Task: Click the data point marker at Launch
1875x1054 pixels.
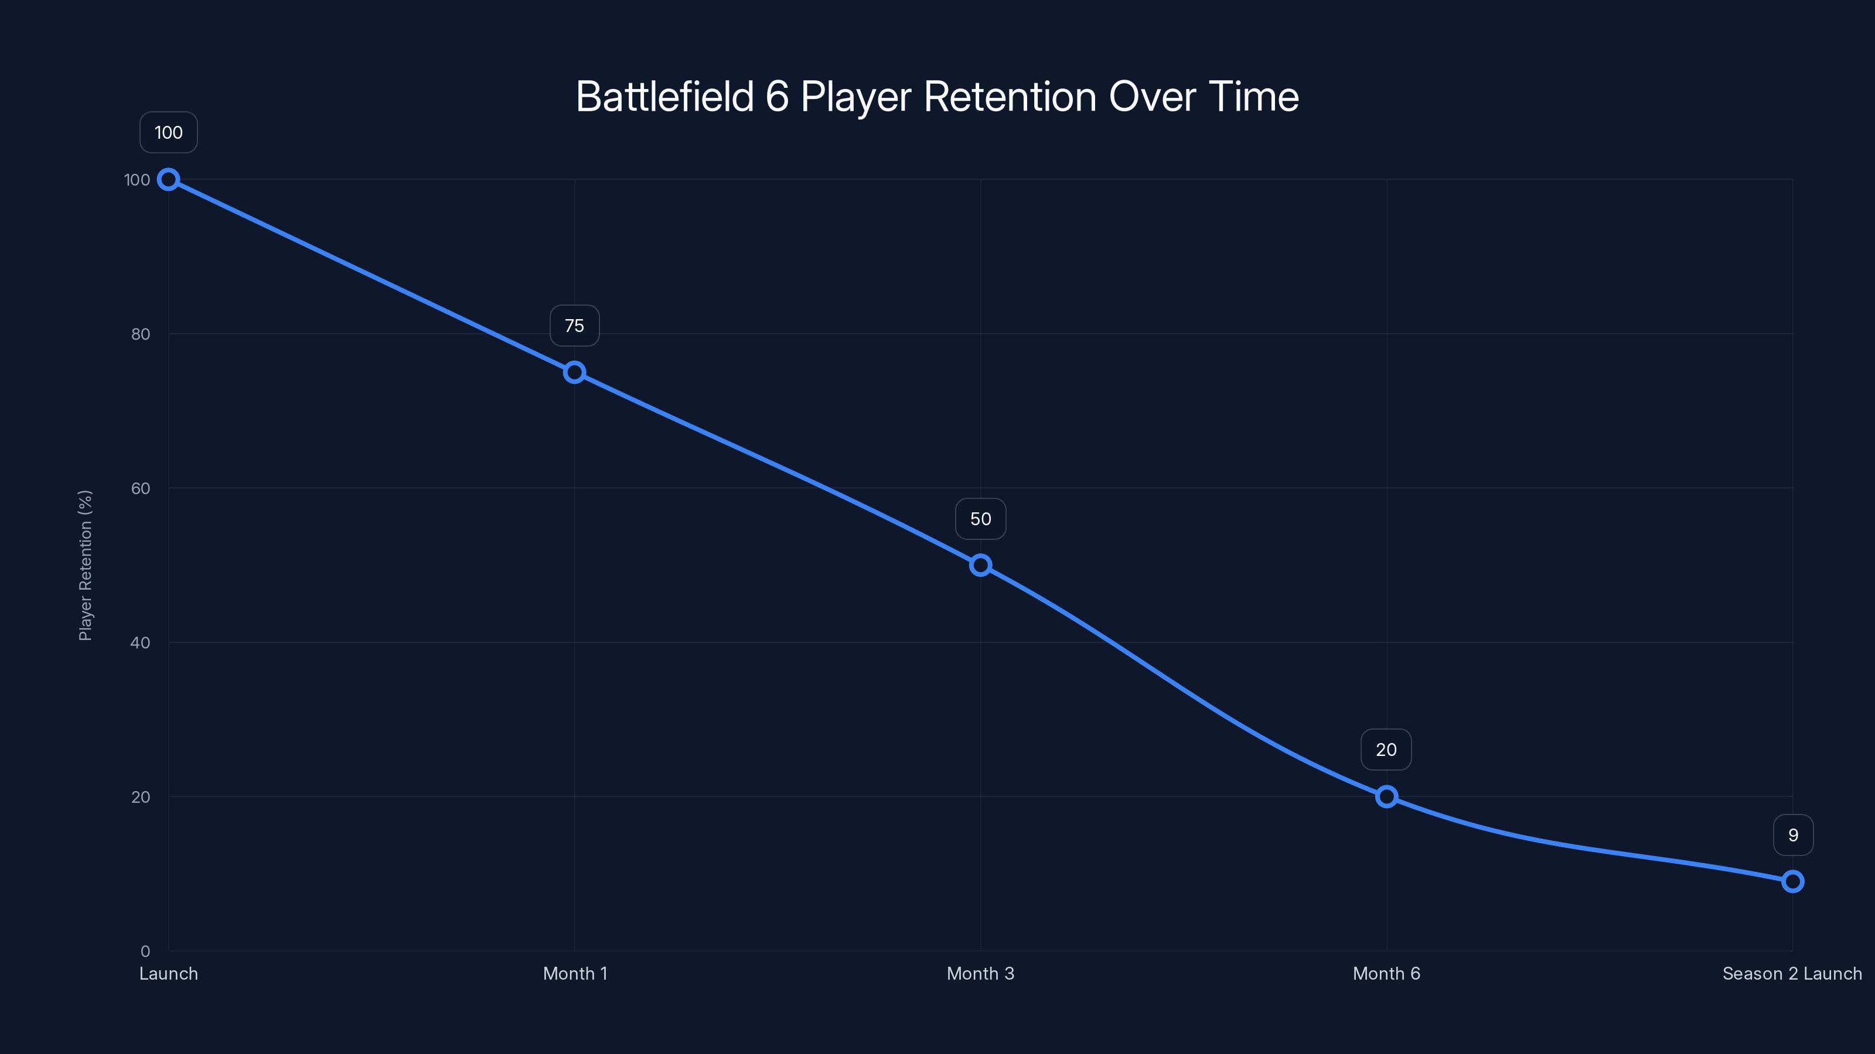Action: click(x=168, y=180)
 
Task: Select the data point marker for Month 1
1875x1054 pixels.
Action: click(x=574, y=372)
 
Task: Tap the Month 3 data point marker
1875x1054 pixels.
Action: click(x=980, y=565)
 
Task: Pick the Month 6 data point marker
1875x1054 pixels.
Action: click(x=1386, y=796)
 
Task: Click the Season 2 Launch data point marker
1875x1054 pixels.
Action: click(x=1793, y=882)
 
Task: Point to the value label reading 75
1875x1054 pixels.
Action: click(x=574, y=326)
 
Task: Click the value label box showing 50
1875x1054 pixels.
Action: click(x=980, y=519)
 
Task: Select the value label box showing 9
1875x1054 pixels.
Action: click(x=1793, y=835)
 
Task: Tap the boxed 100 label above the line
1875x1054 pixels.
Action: click(x=168, y=132)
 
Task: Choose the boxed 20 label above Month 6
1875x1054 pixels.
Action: click(x=1386, y=750)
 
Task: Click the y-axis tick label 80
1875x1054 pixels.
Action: click(x=141, y=334)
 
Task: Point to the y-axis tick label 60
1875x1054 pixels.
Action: click(x=141, y=489)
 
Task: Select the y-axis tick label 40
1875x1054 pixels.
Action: click(x=141, y=643)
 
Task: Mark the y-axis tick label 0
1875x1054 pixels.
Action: click(x=145, y=952)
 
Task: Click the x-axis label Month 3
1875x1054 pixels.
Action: click(x=980, y=974)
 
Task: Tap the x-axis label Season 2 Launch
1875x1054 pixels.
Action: click(x=1792, y=974)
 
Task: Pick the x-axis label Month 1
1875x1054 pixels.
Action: click(x=575, y=974)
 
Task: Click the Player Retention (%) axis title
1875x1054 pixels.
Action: click(x=85, y=565)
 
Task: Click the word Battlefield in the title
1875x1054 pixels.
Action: click(x=664, y=97)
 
